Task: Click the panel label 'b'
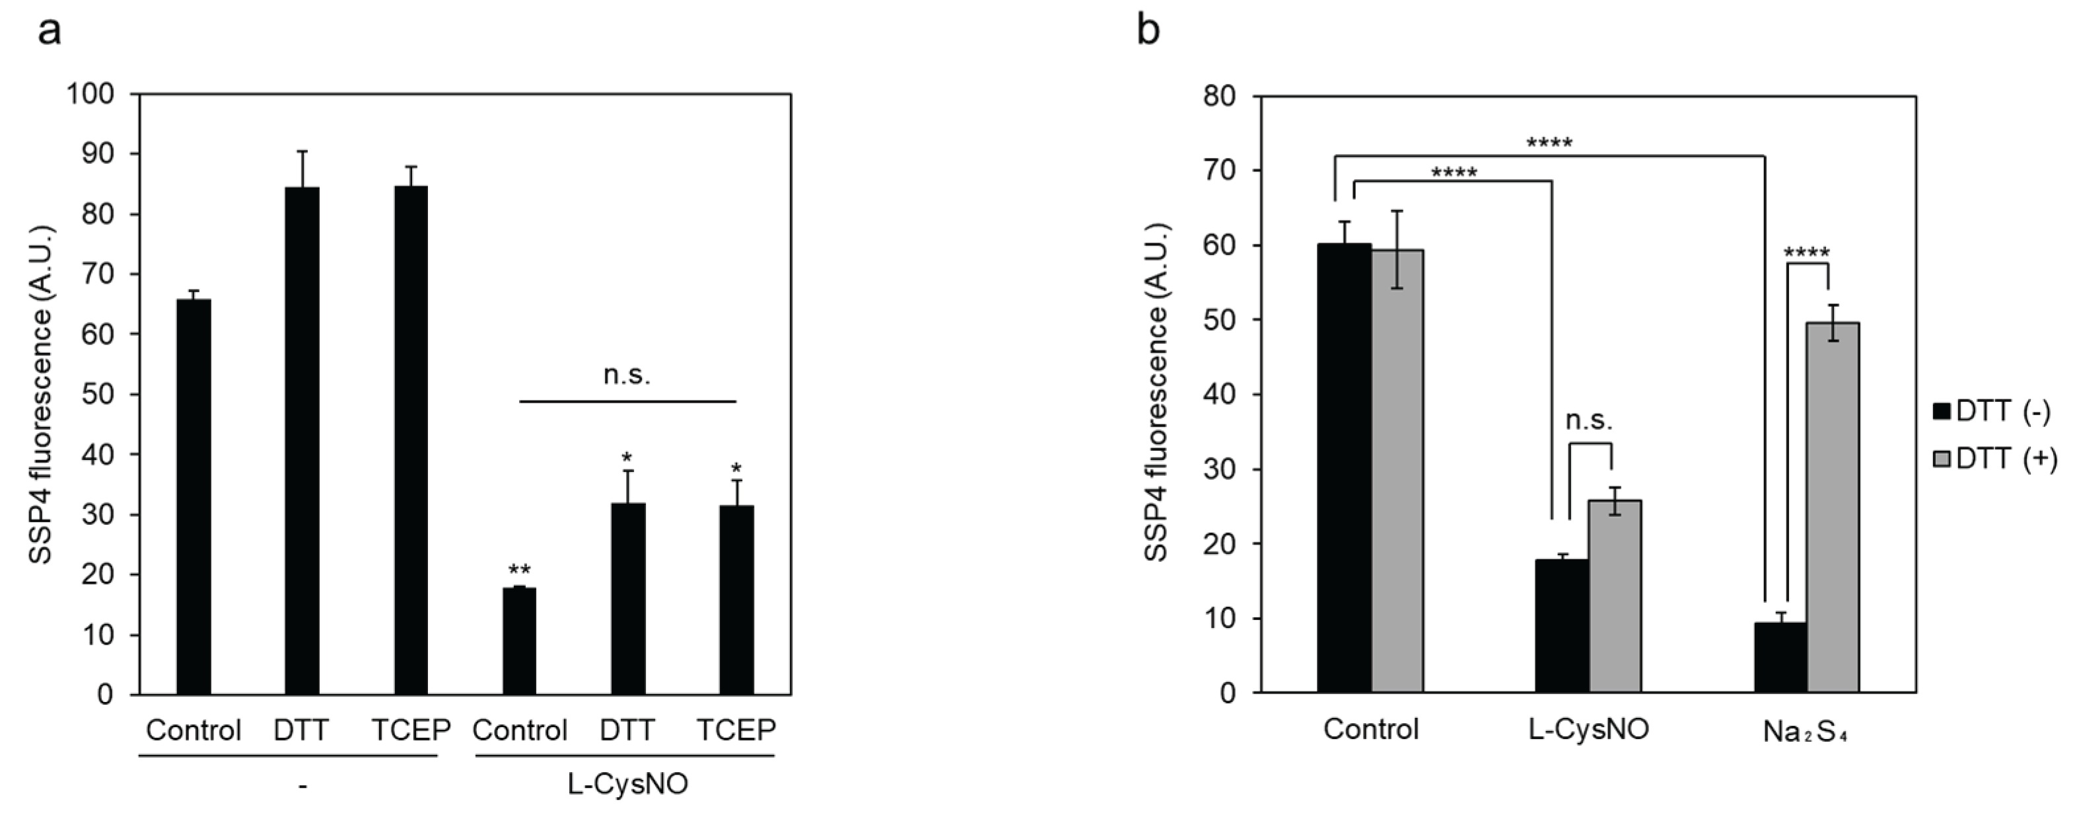(x=1148, y=32)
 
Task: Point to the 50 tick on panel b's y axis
(x=1218, y=321)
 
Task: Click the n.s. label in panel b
(x=1589, y=421)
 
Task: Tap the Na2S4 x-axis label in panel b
(x=1806, y=732)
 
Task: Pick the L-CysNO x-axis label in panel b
(x=1588, y=729)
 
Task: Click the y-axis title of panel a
(x=40, y=394)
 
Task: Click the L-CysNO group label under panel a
(x=627, y=784)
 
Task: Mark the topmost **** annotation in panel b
(x=1549, y=143)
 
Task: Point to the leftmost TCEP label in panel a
(x=410, y=730)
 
